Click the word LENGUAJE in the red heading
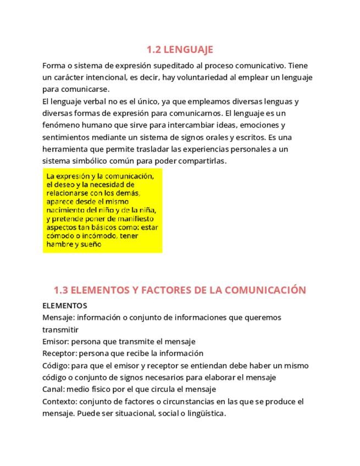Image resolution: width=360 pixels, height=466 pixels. click(189, 49)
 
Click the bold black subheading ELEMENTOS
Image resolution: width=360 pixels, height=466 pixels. click(64, 306)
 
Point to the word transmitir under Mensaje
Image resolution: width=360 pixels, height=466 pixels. click(60, 330)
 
